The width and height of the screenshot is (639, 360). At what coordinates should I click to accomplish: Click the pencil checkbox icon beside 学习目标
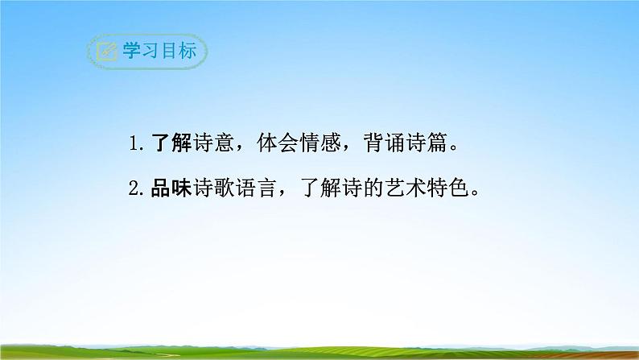pos(106,52)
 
